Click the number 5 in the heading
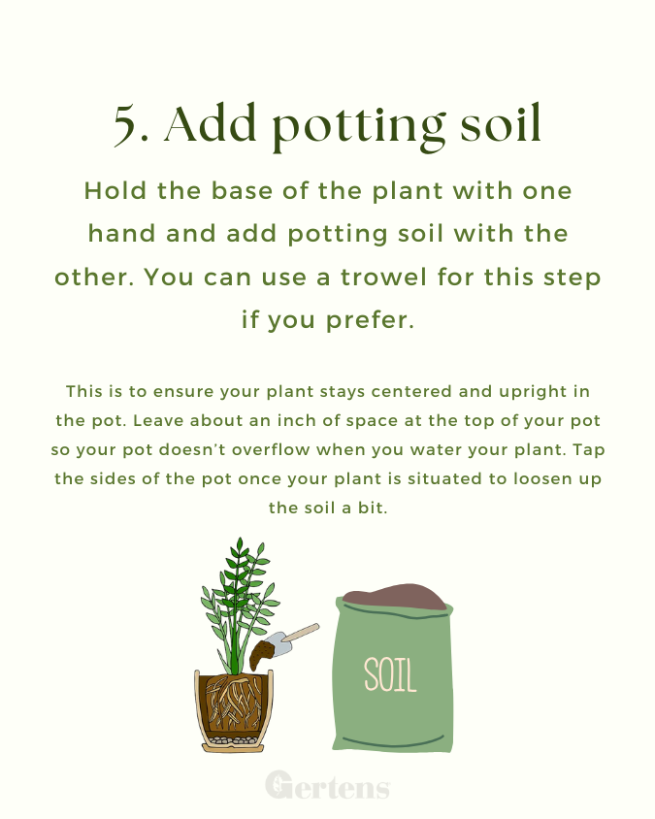click(126, 124)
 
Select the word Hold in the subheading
click(115, 190)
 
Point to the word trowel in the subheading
click(384, 277)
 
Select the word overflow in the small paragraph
click(271, 449)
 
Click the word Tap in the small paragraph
click(589, 451)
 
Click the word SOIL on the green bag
click(390, 674)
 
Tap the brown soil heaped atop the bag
click(395, 597)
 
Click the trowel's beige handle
click(301, 633)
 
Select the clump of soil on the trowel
click(261, 656)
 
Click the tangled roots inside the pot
click(234, 702)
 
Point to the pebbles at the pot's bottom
click(233, 740)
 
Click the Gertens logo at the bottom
click(328, 784)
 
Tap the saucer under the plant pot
click(233, 748)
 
